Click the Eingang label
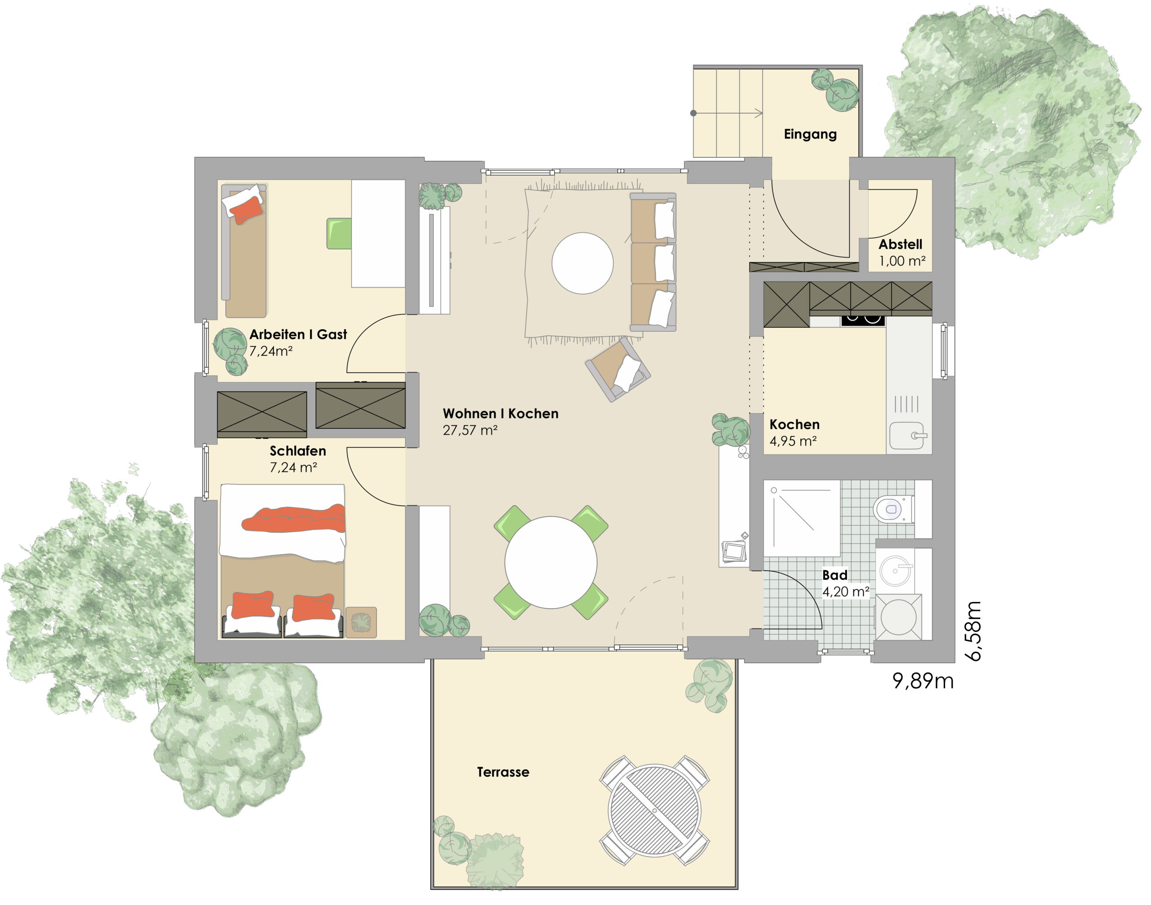tap(810, 134)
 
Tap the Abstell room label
tap(901, 244)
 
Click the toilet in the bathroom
tap(893, 509)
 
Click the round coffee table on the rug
tap(582, 263)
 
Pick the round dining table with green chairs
tap(551, 562)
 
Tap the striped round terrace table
tap(655, 811)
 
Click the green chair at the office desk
tap(339, 234)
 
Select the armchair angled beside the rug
tap(618, 369)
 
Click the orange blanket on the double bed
tap(294, 519)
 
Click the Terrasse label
tap(503, 772)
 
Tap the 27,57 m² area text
tap(470, 430)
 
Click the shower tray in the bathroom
tap(802, 518)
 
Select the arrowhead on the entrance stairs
tap(759, 113)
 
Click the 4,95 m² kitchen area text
tap(793, 441)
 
